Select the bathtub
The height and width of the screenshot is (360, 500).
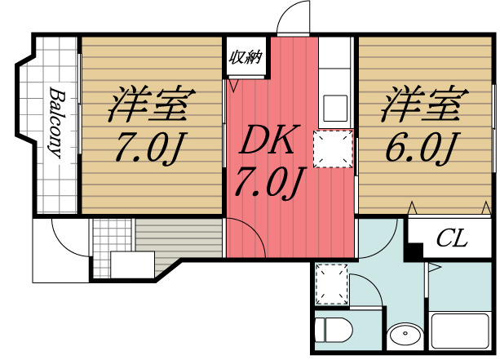[460, 331]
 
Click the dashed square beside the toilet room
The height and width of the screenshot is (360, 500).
[331, 282]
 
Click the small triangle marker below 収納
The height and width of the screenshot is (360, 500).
[233, 82]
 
